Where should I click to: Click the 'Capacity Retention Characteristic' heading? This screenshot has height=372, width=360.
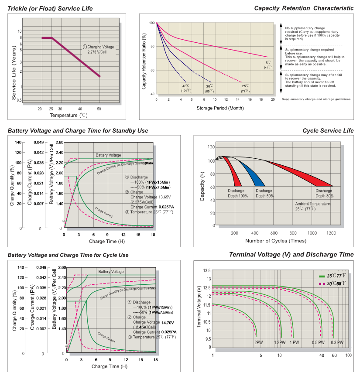tap(304, 8)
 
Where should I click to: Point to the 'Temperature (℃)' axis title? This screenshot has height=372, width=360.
tap(69, 115)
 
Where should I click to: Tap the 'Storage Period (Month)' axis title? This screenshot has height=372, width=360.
tap(214, 108)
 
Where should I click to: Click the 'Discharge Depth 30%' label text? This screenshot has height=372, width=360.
tap(324, 193)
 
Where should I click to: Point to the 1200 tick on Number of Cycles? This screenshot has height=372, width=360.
tap(331, 233)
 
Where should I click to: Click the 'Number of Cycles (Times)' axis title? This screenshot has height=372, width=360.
tap(275, 241)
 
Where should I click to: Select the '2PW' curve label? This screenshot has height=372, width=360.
tap(259, 342)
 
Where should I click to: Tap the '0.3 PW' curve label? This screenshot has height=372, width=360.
tap(337, 342)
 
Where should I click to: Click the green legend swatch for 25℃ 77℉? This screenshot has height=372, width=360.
tap(322, 276)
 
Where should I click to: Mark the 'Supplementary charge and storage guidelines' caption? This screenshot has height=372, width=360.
tap(316, 99)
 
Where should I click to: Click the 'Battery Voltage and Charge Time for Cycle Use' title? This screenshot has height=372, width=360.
tap(68, 255)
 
